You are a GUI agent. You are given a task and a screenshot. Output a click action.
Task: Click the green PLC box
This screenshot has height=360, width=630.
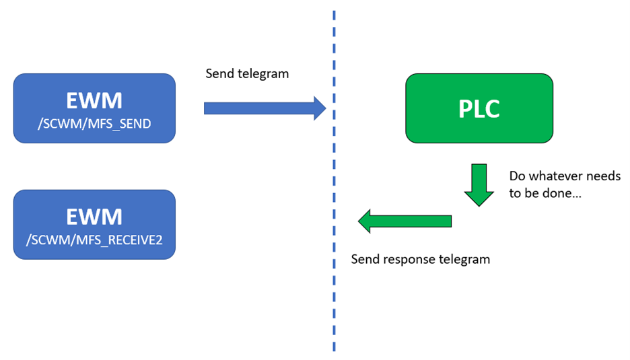479,108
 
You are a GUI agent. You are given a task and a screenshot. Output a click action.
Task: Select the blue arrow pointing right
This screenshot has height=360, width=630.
265,108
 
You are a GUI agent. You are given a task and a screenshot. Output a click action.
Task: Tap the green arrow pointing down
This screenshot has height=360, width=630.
479,185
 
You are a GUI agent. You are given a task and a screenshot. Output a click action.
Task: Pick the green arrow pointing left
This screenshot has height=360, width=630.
405,221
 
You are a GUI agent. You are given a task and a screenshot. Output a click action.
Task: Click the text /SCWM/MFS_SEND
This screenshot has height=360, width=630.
94,124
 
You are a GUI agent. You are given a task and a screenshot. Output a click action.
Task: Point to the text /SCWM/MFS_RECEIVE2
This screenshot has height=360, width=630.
94,240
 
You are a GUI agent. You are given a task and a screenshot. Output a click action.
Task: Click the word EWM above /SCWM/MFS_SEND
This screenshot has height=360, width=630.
94,100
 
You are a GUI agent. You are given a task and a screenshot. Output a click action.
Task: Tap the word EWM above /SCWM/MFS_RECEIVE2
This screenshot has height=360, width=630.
94,217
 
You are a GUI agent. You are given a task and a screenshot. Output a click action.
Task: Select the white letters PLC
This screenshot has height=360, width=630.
479,108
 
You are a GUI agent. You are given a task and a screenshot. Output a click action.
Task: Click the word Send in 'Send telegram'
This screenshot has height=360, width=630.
220,73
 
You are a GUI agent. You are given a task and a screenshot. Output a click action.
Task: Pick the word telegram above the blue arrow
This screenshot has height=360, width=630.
263,74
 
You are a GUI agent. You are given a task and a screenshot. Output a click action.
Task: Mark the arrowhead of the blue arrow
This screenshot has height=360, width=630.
320,108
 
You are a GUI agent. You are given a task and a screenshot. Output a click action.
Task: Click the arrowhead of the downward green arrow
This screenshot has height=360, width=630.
479,199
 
